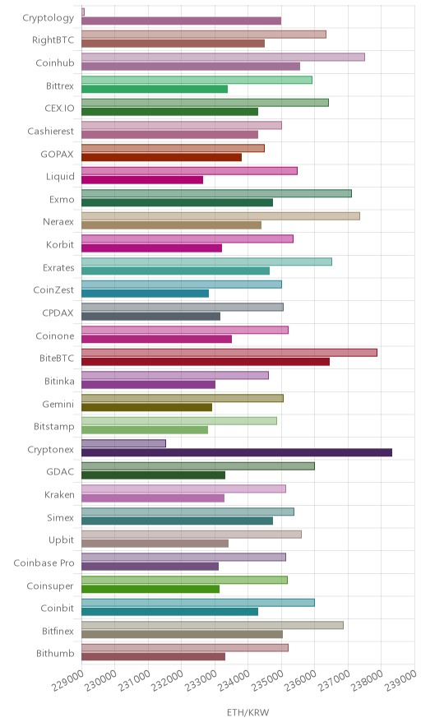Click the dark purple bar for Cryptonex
tap(237, 452)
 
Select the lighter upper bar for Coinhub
tap(223, 57)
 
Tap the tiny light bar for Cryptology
tap(83, 12)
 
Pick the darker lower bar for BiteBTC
tap(206, 362)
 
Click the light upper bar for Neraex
tap(220, 216)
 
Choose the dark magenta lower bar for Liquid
tap(142, 180)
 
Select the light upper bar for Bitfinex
tap(212, 625)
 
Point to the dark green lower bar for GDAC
tap(154, 475)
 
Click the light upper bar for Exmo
tap(216, 193)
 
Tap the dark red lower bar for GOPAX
tap(161, 157)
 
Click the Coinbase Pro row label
tap(44, 563)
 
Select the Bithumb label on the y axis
tap(55, 653)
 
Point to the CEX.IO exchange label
tap(59, 108)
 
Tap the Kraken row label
tap(59, 494)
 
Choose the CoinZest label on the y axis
tap(53, 289)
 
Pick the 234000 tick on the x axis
tap(236, 679)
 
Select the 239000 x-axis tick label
tap(402, 679)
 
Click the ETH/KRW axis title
tap(248, 713)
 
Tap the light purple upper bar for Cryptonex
tap(124, 443)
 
